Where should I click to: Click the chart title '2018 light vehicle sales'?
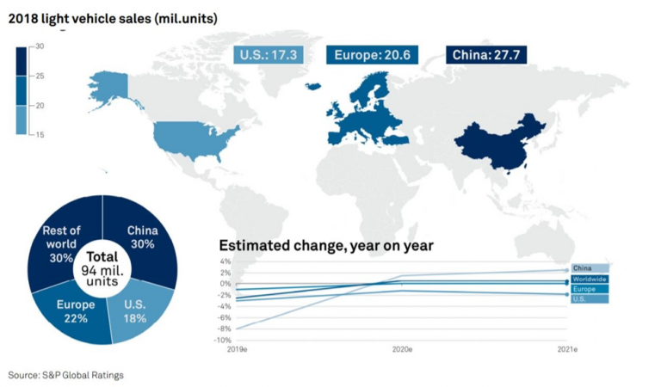112,17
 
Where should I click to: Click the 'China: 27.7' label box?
485,56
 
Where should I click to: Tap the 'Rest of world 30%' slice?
62,243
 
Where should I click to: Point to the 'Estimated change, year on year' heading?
326,246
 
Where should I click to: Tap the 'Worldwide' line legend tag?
591,279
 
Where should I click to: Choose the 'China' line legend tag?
590,268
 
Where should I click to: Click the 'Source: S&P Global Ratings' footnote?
66,375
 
